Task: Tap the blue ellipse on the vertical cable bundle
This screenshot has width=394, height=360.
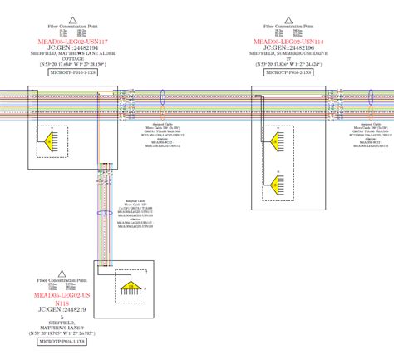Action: pyautogui.click(x=105, y=213)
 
